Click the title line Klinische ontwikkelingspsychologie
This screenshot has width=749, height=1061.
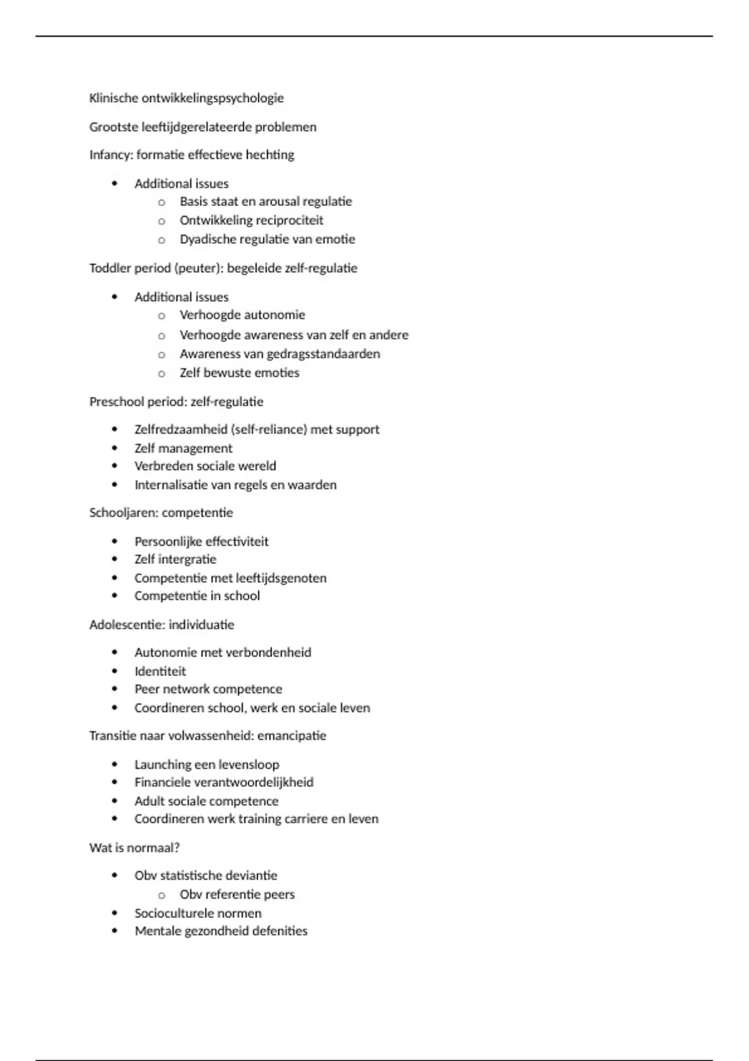point(186,98)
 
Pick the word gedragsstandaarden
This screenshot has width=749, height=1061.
point(323,354)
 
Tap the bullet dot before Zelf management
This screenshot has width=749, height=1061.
point(114,448)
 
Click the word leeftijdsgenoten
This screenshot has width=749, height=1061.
point(281,578)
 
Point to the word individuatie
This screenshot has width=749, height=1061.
point(201,625)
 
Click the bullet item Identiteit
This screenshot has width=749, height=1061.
point(160,672)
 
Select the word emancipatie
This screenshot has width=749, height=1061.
point(291,736)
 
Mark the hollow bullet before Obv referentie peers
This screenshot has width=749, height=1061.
point(162,895)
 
